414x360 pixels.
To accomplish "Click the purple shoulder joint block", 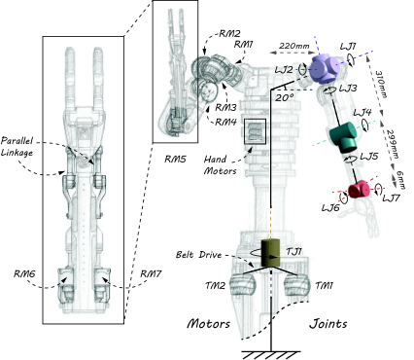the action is (x=324, y=69).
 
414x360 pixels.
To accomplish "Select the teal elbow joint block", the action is (x=342, y=137).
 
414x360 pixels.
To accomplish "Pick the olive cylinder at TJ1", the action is (x=270, y=253).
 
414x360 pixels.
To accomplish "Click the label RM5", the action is (x=175, y=159).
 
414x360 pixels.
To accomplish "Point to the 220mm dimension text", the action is (x=293, y=46).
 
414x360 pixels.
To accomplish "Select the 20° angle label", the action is (x=285, y=97).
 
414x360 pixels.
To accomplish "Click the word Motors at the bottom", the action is (x=209, y=323).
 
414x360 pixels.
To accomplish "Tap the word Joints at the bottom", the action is (x=328, y=323).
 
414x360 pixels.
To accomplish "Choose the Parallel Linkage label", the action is (x=17, y=147).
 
